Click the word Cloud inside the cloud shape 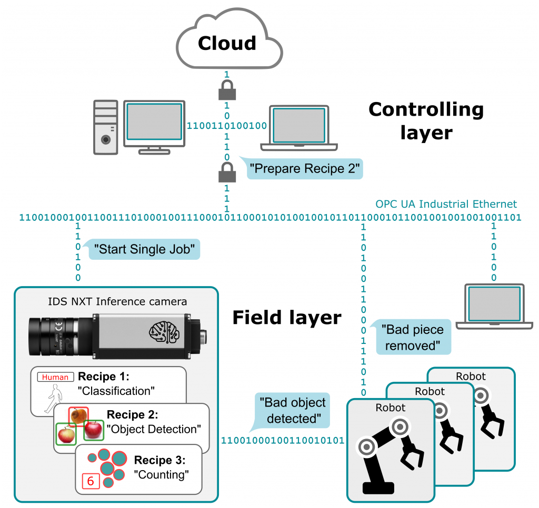coord(227,43)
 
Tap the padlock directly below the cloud coord(227,92)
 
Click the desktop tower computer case coord(106,127)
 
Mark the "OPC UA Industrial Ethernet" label coord(446,204)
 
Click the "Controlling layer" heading coord(426,120)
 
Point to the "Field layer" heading coord(287,318)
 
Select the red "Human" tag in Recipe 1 coord(55,377)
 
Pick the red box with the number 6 coord(90,481)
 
